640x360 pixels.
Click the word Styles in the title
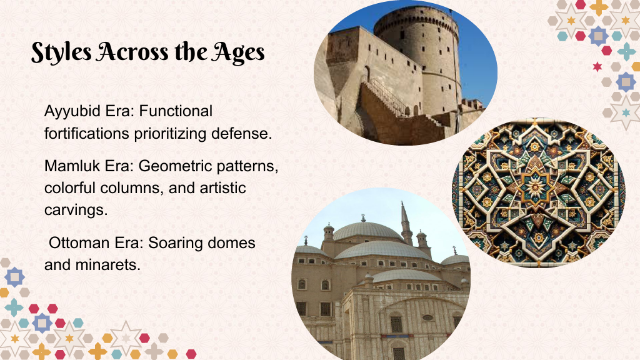point(61,52)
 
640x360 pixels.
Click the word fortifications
point(86,134)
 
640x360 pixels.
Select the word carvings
point(76,210)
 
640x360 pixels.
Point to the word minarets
point(107,265)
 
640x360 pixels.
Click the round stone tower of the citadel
point(418,53)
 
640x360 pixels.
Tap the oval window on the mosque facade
point(427,317)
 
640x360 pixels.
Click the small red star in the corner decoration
point(597,66)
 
